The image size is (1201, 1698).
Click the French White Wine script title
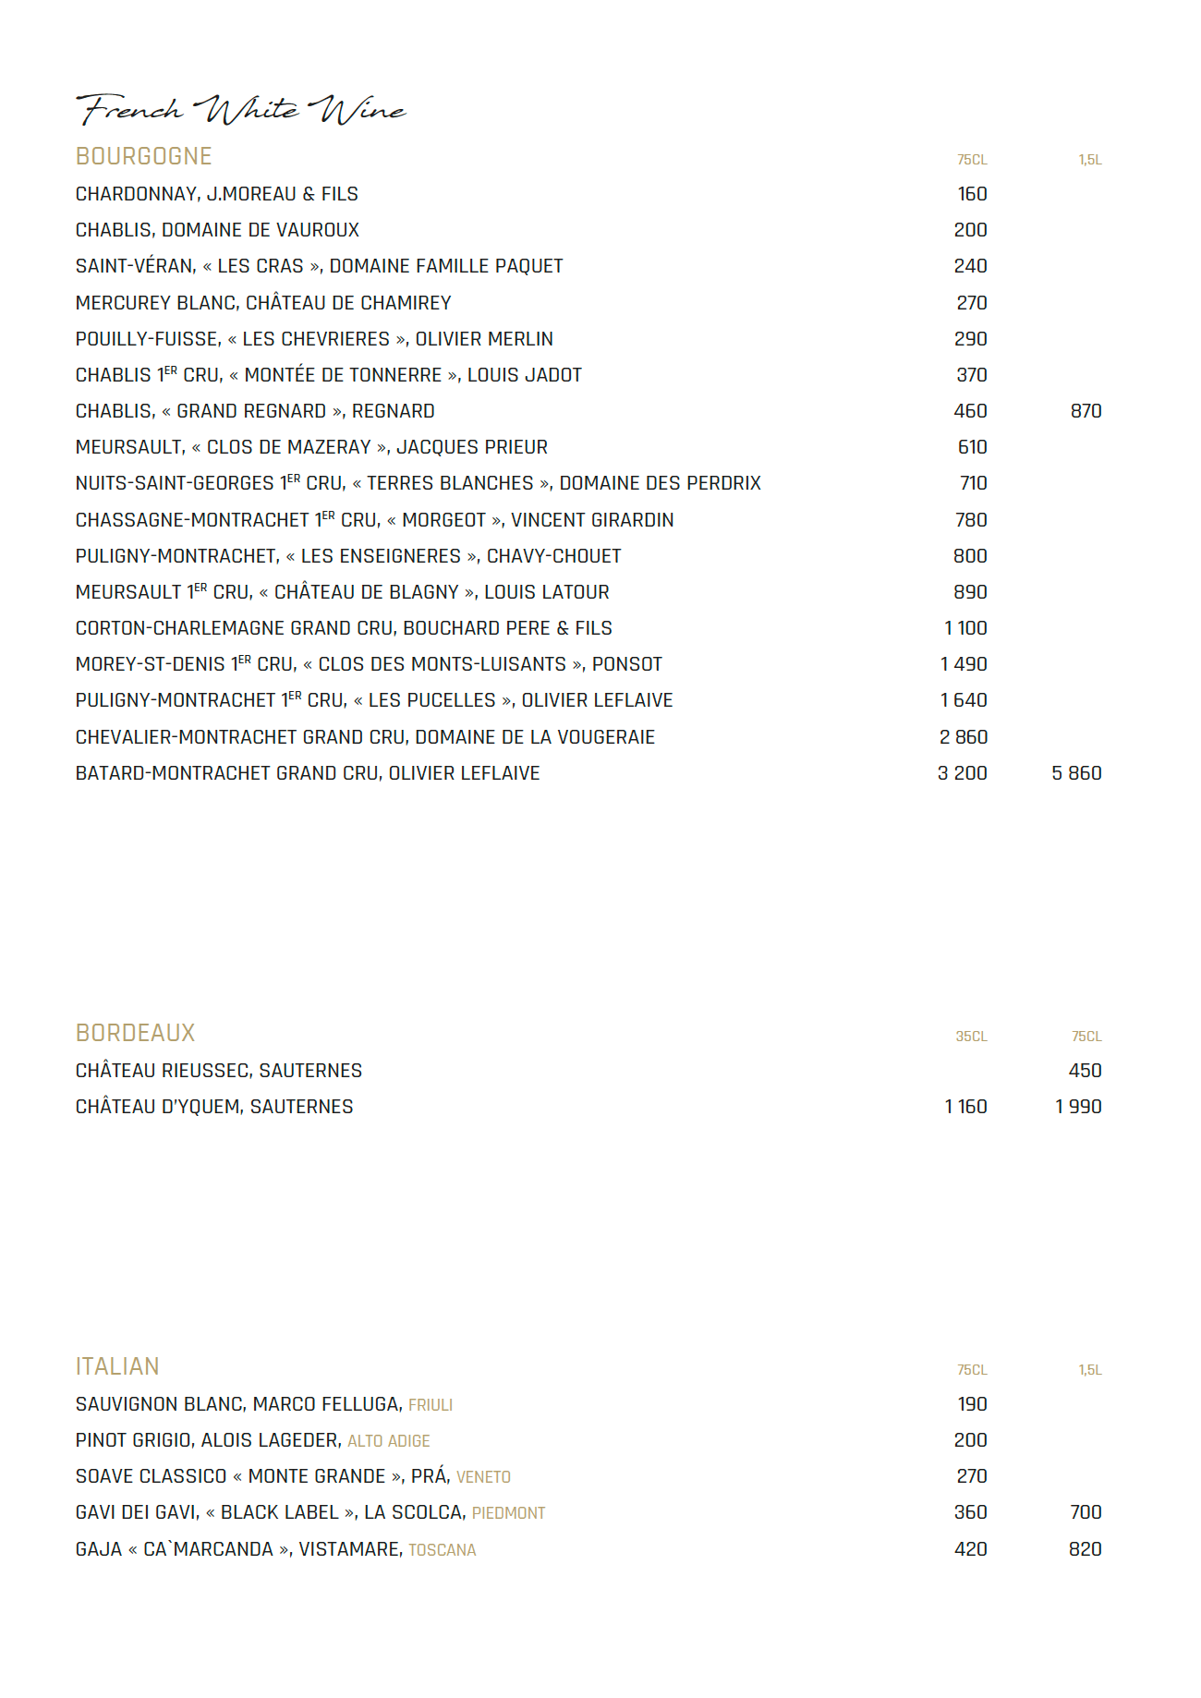coord(240,109)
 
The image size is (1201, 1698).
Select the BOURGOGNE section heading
coord(144,156)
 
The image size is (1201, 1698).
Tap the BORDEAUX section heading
coord(136,1033)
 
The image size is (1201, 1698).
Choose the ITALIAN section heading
coord(117,1366)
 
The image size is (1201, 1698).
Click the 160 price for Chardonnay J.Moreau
coord(972,194)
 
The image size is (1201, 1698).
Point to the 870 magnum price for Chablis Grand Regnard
coord(1086,411)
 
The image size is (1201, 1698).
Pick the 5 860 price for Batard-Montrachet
coord(1076,773)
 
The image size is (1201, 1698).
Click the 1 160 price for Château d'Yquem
coord(965,1107)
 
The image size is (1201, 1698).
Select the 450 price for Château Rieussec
coord(1085,1071)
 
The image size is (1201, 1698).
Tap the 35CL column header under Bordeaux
coord(971,1037)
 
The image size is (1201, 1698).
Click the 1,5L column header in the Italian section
coord(1090,1370)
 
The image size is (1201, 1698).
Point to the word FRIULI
coord(431,1405)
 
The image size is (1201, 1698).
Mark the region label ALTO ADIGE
coord(389,1441)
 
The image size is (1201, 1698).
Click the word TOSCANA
coord(443,1550)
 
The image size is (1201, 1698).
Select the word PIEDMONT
coord(508,1513)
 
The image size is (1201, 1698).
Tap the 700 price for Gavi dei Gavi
coord(1086,1512)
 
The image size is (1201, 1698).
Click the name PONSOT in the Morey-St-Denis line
coord(627,664)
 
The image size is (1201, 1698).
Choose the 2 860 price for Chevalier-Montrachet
coord(964,737)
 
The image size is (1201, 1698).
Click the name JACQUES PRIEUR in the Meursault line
coord(472,447)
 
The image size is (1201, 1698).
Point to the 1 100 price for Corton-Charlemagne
coord(965,628)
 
